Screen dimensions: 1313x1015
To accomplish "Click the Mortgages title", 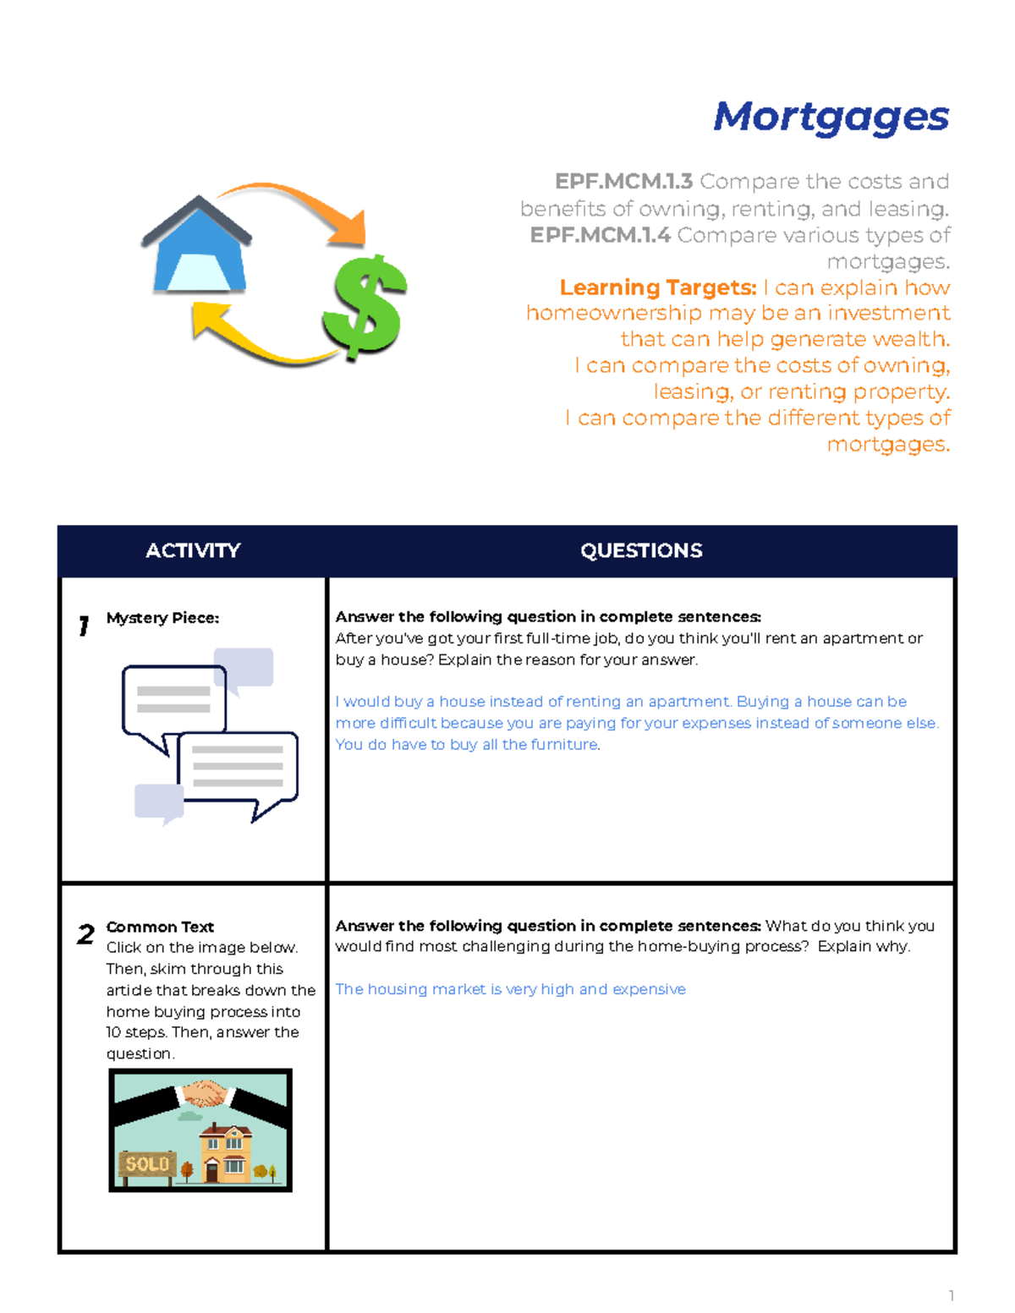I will click(x=831, y=118).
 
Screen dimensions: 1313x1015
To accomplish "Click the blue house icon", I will click(x=198, y=248).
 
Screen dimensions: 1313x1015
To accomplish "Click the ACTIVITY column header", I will click(x=193, y=550).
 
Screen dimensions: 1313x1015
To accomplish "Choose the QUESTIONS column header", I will click(x=641, y=550).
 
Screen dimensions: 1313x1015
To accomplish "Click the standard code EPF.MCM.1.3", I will click(x=623, y=182).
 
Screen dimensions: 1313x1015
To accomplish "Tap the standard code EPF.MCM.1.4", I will click(x=600, y=235).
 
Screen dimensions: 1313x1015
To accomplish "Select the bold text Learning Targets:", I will click(x=658, y=288).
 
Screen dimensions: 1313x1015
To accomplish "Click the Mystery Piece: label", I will click(x=162, y=618).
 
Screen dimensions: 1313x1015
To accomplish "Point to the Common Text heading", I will click(x=160, y=927).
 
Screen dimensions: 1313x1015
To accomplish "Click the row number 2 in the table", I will click(x=85, y=934).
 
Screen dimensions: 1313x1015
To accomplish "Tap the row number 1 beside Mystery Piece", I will click(x=84, y=626).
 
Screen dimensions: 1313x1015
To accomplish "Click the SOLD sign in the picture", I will click(x=147, y=1164).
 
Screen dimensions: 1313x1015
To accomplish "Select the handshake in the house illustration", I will click(x=204, y=1093).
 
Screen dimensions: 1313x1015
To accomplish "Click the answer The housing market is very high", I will click(x=510, y=989).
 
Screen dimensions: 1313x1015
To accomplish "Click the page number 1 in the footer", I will click(x=952, y=1296).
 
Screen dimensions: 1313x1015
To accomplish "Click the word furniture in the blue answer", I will click(x=564, y=745).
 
